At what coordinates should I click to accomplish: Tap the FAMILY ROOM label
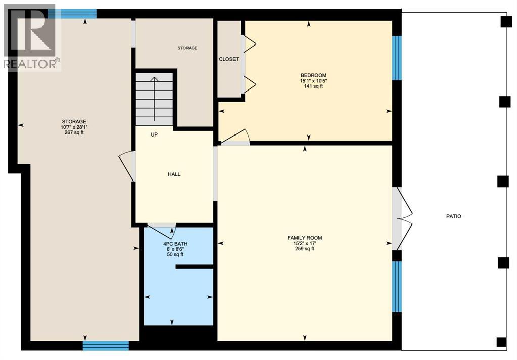point(305,238)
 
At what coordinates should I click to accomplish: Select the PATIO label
point(454,216)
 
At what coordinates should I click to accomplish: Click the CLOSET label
point(229,59)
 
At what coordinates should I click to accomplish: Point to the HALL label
point(174,174)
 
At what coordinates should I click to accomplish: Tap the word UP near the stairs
point(155,135)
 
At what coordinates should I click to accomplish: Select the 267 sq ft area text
point(74,133)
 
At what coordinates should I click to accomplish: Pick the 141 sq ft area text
point(311,86)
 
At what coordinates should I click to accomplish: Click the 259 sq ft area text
point(305,248)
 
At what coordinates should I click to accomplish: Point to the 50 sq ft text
point(173,254)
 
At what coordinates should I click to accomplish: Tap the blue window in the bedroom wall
point(397,58)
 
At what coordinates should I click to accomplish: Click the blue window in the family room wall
point(397,286)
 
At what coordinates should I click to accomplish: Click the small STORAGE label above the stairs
point(187,48)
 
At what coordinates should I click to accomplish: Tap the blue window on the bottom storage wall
point(106,346)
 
